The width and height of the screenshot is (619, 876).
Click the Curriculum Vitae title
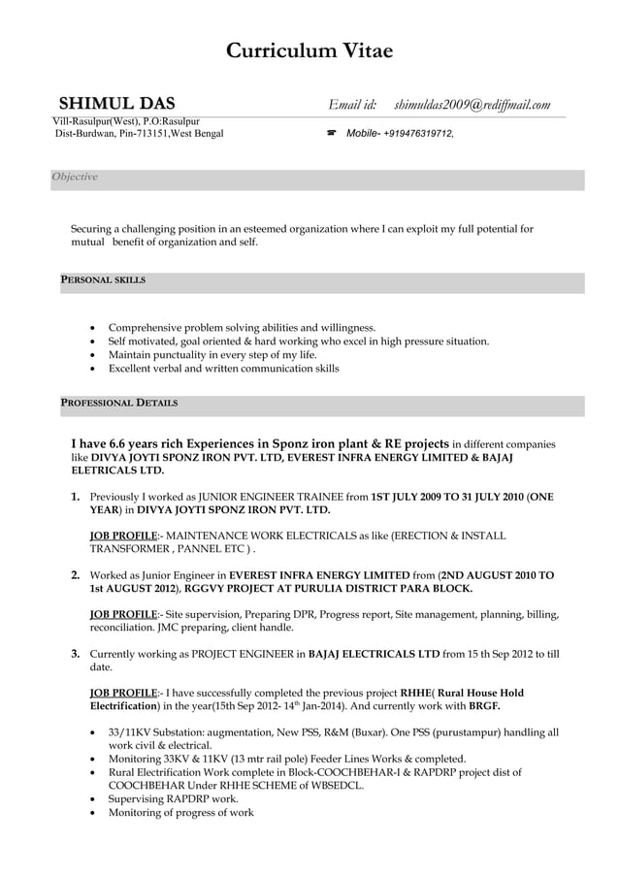309,51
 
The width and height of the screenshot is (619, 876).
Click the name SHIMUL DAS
117,104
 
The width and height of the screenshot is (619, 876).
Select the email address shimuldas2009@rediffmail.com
472,104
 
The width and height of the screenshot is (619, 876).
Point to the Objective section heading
75,177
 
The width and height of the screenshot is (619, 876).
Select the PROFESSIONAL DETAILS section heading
117,402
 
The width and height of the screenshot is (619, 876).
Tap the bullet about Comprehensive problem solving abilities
242,328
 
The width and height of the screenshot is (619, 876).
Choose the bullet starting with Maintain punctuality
212,355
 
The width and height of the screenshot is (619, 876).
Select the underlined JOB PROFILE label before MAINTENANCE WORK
123,535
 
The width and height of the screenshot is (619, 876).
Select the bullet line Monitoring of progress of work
180,813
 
